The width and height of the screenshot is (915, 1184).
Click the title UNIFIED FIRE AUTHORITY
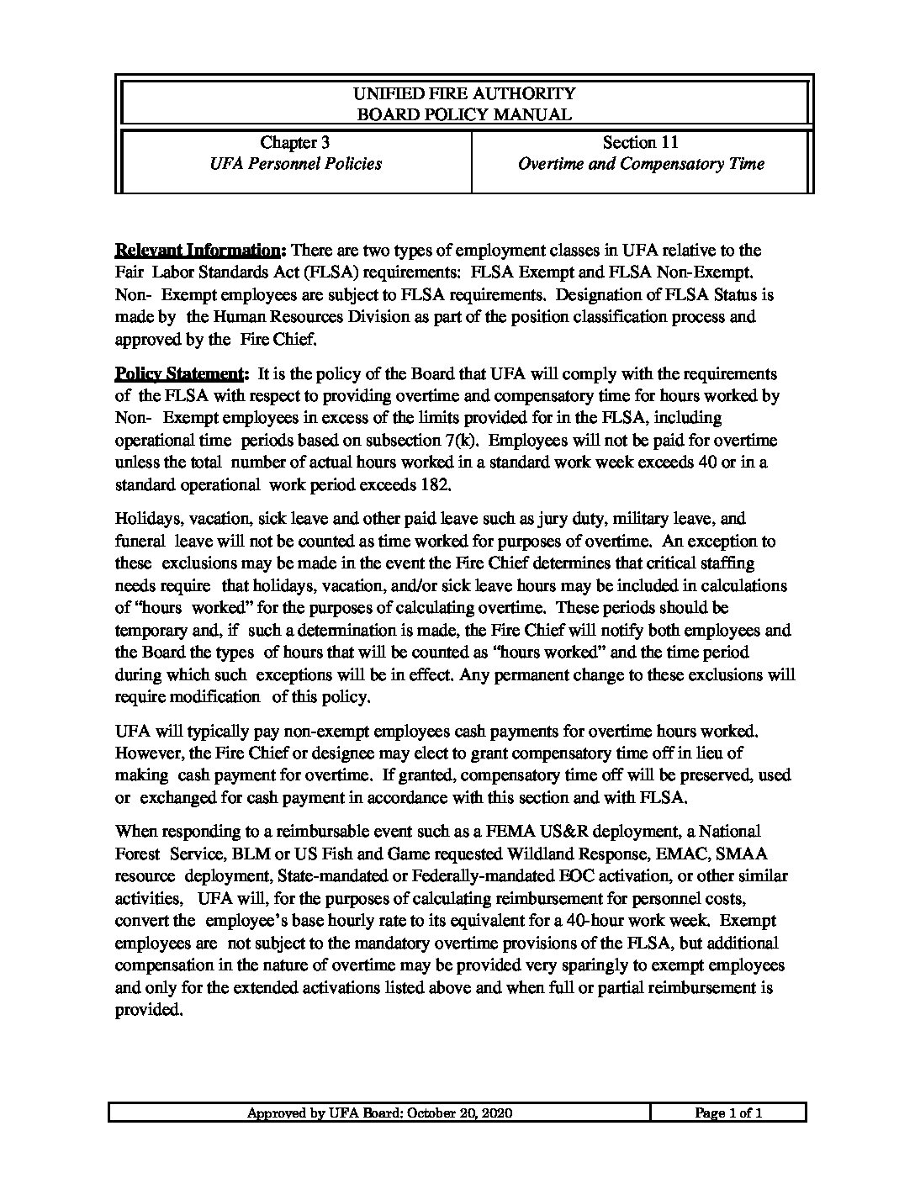464,93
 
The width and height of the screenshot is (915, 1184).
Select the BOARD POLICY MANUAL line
464,115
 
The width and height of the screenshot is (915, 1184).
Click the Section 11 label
641,143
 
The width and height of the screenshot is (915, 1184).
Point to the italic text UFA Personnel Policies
295,164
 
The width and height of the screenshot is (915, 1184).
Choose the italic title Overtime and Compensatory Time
641,164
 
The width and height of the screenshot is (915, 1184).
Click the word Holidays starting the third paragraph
145,520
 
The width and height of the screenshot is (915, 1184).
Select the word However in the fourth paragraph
145,753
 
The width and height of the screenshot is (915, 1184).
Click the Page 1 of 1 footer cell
727,1113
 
